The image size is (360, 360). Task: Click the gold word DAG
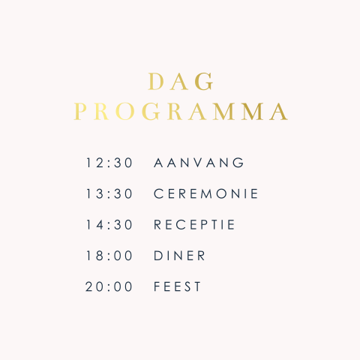click(x=181, y=81)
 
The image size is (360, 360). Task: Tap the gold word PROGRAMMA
click(x=181, y=112)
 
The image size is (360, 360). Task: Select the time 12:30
click(x=109, y=163)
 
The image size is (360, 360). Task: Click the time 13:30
click(x=109, y=193)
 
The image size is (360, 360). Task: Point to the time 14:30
click(x=109, y=225)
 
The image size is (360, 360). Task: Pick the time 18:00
click(x=109, y=256)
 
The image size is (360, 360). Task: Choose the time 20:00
click(x=109, y=286)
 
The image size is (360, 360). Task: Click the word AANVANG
click(x=199, y=163)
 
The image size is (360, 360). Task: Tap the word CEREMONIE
click(x=206, y=193)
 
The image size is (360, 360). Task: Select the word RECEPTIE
click(x=195, y=225)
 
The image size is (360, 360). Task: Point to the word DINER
click(x=180, y=256)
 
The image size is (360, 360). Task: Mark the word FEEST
click(x=178, y=286)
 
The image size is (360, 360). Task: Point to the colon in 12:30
click(x=109, y=163)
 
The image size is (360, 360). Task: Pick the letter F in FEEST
click(x=157, y=286)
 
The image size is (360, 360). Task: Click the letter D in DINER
click(x=158, y=256)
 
